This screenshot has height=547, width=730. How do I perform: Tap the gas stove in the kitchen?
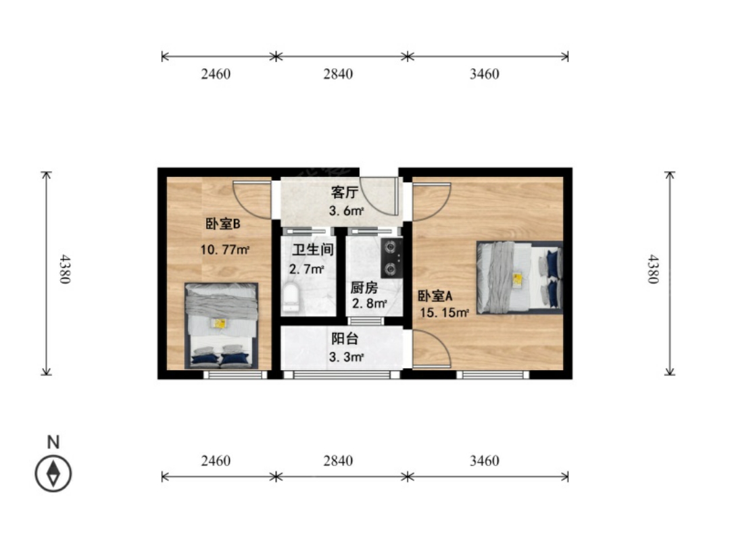[391, 258]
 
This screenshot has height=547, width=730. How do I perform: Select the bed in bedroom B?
[221, 325]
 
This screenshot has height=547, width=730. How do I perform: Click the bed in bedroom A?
[520, 278]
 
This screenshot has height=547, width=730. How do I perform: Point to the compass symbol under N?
[53, 473]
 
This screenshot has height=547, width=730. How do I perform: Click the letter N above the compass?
[53, 442]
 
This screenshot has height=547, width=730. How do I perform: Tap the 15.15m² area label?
[444, 313]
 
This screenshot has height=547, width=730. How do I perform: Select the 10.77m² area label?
[225, 249]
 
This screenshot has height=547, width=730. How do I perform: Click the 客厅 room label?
[345, 192]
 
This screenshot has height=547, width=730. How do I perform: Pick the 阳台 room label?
[345, 338]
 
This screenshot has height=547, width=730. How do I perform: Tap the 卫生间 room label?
[313, 250]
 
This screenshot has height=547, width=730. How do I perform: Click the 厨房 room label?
[364, 288]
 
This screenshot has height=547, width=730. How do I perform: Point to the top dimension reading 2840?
[339, 74]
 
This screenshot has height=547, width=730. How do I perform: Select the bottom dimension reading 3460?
[484, 461]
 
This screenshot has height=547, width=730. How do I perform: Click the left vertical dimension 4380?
[65, 269]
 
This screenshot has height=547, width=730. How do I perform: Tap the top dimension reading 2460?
[216, 74]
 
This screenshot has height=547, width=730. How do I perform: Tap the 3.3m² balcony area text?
[346, 357]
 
